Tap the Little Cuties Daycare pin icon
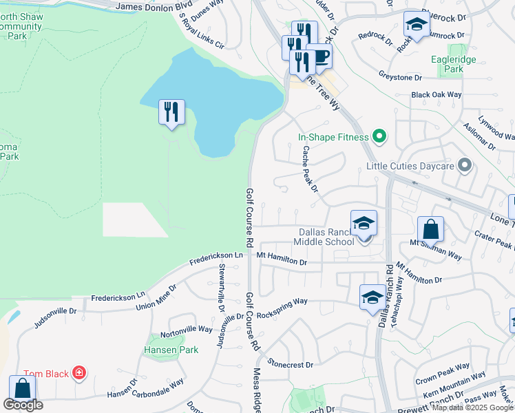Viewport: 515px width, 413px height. point(465,166)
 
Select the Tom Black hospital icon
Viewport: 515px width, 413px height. point(79,374)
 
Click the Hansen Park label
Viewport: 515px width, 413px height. point(171,350)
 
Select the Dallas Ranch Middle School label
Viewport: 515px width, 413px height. point(324,237)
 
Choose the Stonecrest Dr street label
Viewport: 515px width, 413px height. point(291,363)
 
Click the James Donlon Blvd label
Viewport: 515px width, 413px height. point(154,6)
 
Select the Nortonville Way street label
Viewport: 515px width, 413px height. point(187,330)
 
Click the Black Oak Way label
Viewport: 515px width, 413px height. point(436,94)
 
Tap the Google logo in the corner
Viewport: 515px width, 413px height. point(23,405)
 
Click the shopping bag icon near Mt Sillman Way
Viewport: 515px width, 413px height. point(430,229)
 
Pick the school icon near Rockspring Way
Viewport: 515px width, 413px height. point(372,297)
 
